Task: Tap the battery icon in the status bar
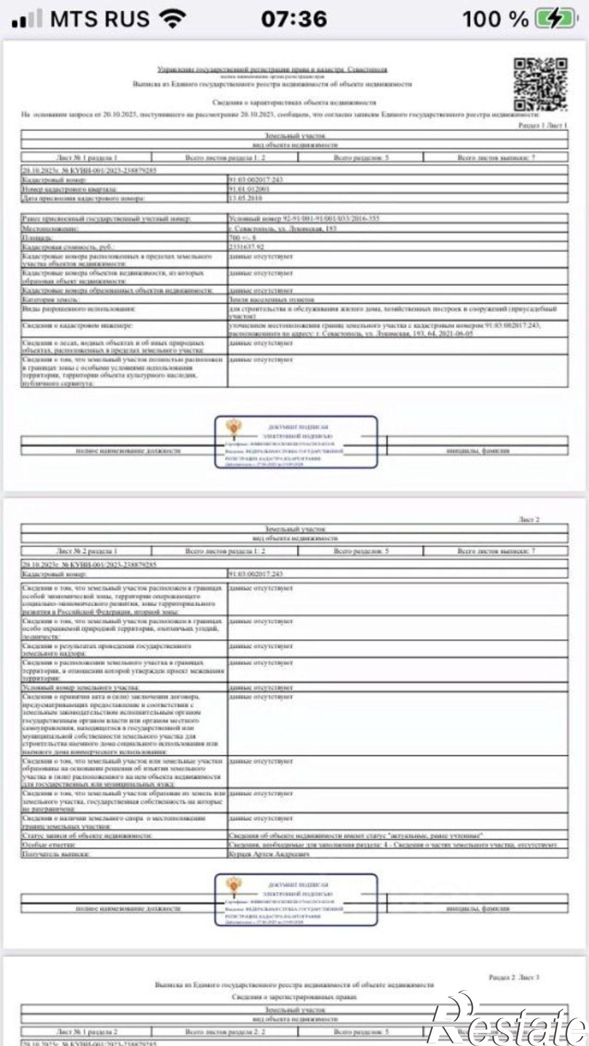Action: tap(555, 19)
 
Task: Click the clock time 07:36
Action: tap(294, 19)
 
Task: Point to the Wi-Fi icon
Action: tap(174, 19)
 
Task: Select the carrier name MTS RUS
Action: tap(100, 19)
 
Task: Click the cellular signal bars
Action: tap(27, 19)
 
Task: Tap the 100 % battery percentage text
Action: tap(495, 19)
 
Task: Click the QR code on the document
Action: tap(540, 84)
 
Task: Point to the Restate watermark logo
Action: tap(507, 1020)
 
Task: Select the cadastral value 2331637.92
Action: tap(246, 247)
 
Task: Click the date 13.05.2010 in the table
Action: tap(246, 198)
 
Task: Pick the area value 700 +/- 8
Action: tap(242, 238)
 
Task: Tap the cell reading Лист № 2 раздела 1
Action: tap(87, 551)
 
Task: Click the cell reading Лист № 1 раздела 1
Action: tap(87, 157)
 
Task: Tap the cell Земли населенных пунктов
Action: tap(272, 300)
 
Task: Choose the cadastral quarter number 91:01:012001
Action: tap(249, 189)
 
